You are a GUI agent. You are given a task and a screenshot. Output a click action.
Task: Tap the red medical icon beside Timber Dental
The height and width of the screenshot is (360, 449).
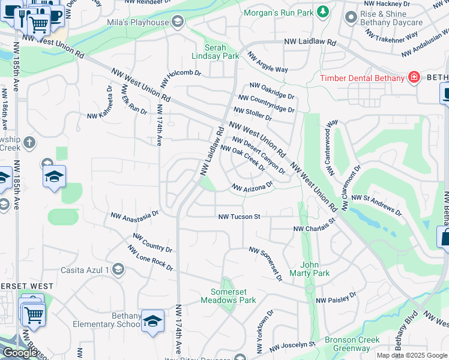[x=413, y=77]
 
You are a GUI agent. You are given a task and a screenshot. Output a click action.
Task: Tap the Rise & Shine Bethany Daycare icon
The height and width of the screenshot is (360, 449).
[x=351, y=17]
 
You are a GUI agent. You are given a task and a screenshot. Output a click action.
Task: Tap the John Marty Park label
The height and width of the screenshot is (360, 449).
[x=315, y=269]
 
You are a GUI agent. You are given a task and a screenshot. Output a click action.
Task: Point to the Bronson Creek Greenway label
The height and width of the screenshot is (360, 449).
[x=352, y=344]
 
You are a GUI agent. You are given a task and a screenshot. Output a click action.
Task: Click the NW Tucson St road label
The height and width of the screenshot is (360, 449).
[x=239, y=217]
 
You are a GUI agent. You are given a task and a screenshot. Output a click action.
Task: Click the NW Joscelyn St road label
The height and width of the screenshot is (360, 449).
[x=292, y=346]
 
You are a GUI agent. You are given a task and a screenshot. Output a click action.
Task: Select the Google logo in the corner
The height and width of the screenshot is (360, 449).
[x=20, y=353]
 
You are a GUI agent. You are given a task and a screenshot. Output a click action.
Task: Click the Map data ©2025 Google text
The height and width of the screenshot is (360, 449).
[x=412, y=355]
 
